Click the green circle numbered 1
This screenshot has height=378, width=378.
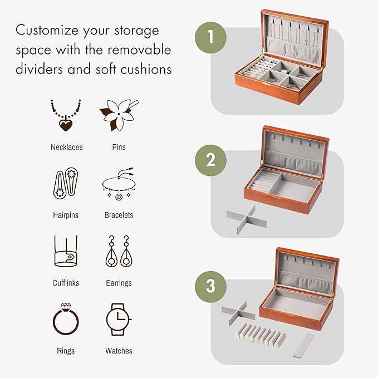point(210,38)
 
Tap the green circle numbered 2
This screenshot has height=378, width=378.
point(210,160)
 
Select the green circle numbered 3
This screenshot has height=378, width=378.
point(210,286)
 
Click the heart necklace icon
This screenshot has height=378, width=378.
point(66,116)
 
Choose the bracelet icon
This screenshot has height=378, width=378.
point(119,185)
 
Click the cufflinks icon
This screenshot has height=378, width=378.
point(66,252)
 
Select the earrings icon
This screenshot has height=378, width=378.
point(118,252)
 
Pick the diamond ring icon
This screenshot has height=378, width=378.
point(66,320)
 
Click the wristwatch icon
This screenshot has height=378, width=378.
point(118,320)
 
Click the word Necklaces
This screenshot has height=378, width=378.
point(66,147)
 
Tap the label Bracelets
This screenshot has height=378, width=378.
point(119,215)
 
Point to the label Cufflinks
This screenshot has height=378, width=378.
point(66,283)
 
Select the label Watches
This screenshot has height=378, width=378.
point(119,351)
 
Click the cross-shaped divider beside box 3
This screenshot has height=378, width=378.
point(238,312)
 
